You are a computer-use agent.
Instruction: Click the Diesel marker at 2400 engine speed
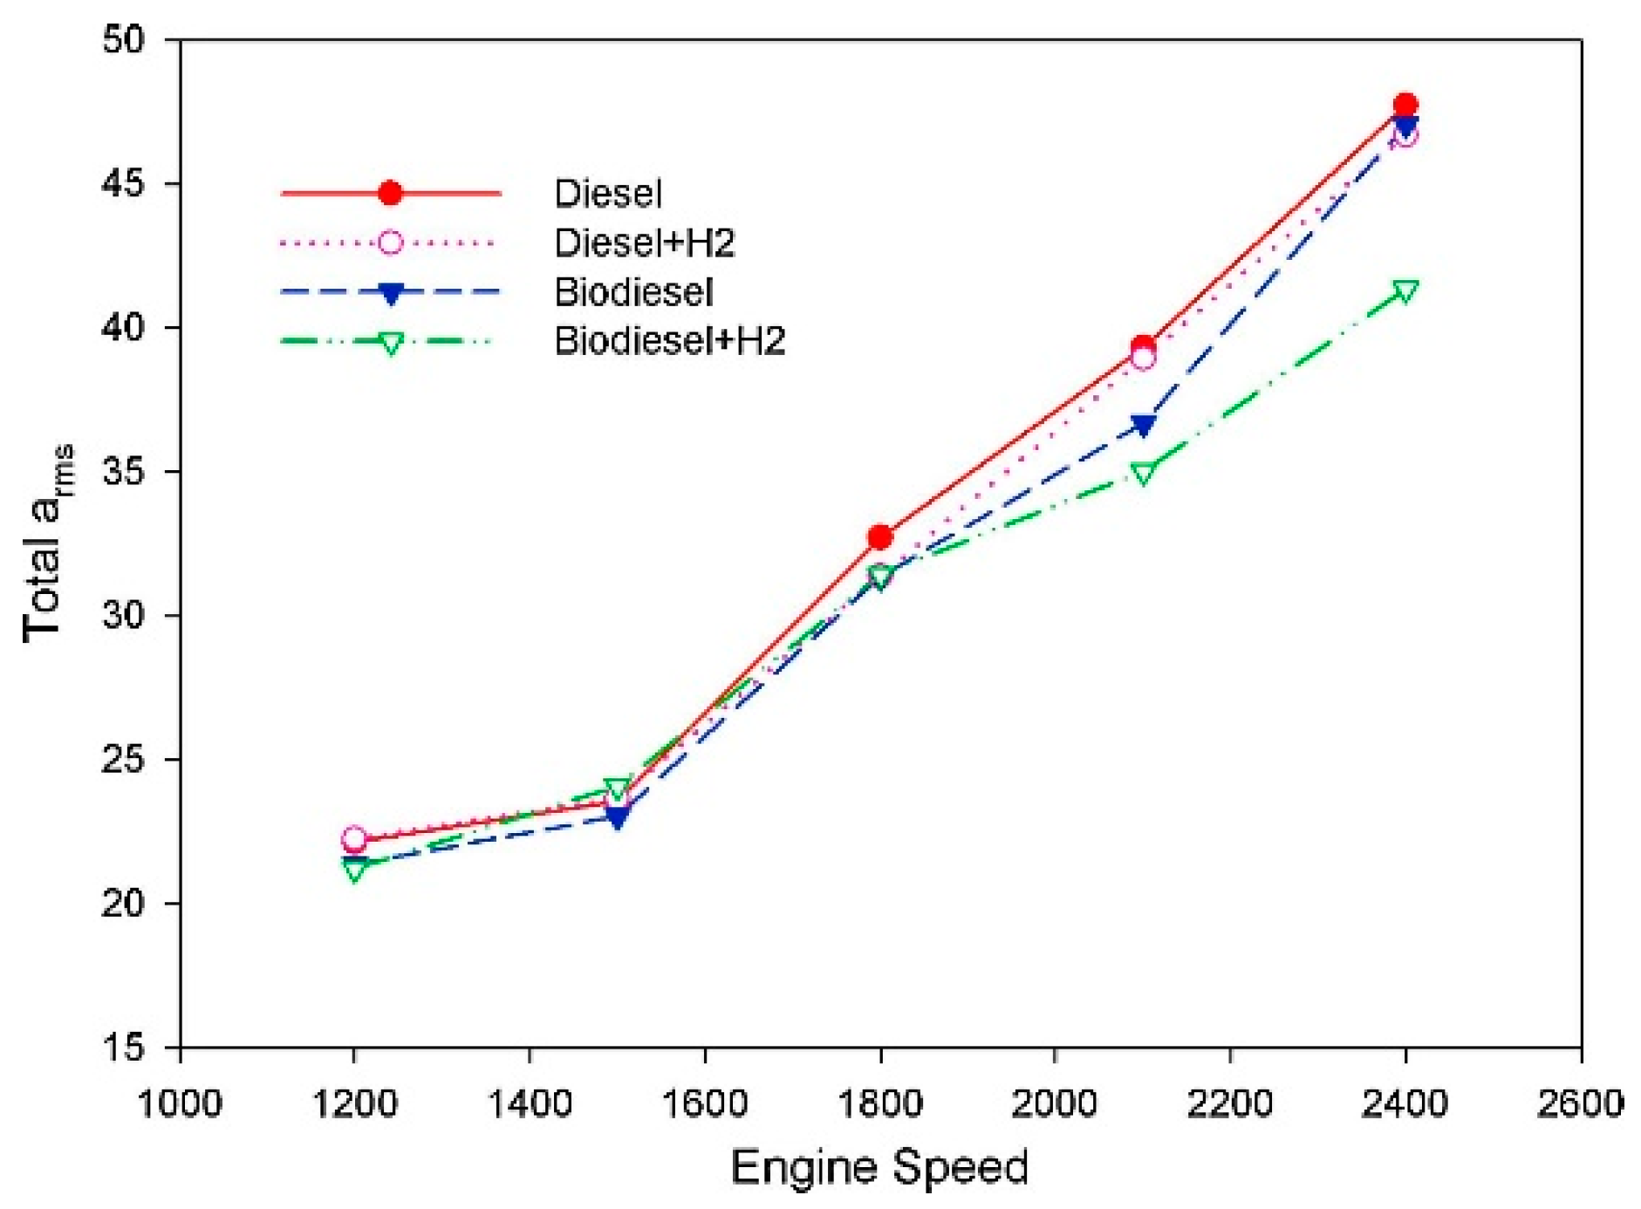(x=1405, y=106)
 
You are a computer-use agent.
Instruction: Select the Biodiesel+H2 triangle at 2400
(x=1405, y=291)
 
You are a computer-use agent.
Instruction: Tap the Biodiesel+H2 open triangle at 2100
(x=1143, y=473)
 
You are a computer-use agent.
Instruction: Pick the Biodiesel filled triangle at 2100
(x=1143, y=426)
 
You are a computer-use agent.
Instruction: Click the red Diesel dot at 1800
(x=879, y=536)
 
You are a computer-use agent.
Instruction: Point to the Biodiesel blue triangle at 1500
(x=617, y=818)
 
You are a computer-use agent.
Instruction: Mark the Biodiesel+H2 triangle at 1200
(x=354, y=870)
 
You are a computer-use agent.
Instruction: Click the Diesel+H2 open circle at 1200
(x=354, y=839)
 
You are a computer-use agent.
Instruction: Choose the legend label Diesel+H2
(x=644, y=242)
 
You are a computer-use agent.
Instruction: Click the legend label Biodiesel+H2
(x=669, y=341)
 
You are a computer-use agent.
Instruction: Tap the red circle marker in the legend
(x=390, y=193)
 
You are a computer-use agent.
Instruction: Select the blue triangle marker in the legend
(x=390, y=294)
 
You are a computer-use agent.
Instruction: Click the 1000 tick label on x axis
(x=180, y=1104)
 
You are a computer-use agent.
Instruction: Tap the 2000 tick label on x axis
(x=1054, y=1104)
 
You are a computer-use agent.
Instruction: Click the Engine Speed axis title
(x=879, y=1167)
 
